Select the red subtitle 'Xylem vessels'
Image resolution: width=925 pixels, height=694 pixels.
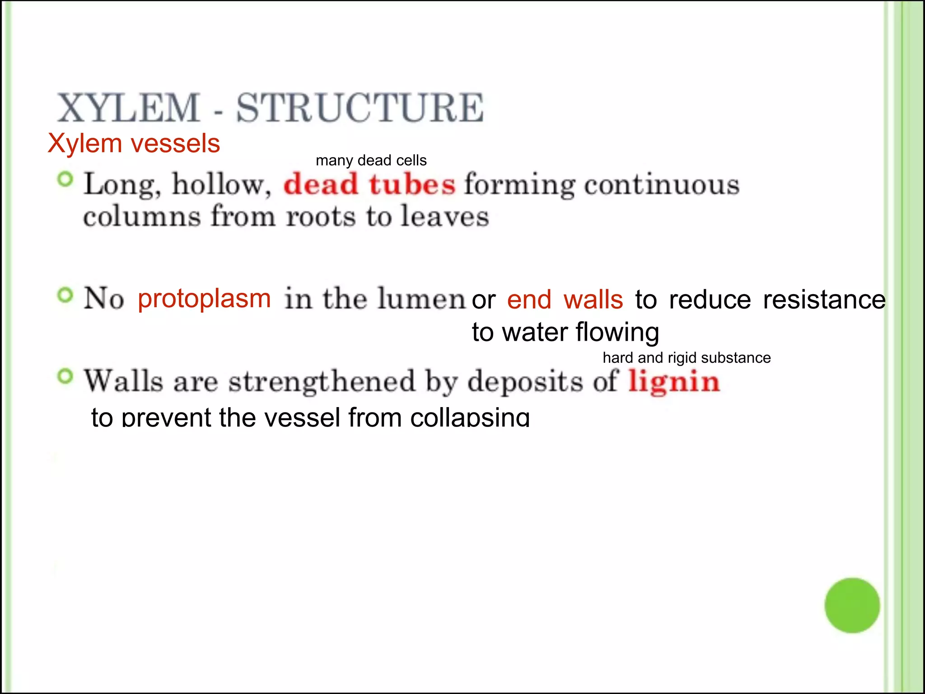pyautogui.click(x=134, y=143)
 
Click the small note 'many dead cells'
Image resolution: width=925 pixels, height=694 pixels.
pyautogui.click(x=371, y=160)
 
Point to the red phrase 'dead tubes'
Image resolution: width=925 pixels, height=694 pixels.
pyautogui.click(x=369, y=184)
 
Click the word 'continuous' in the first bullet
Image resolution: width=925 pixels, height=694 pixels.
pyautogui.click(x=662, y=184)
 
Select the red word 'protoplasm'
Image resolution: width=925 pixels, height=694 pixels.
pyautogui.click(x=204, y=299)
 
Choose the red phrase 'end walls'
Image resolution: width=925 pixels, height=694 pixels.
pyautogui.click(x=565, y=300)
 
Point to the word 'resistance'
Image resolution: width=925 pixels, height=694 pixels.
pyautogui.click(x=824, y=300)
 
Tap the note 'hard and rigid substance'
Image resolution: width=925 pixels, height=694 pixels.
pyautogui.click(x=687, y=358)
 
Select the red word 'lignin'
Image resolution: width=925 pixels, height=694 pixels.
pyautogui.click(x=674, y=382)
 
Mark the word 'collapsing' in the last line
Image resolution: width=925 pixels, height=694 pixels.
pyautogui.click(x=470, y=417)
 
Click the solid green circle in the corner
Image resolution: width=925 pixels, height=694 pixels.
pyautogui.click(x=852, y=605)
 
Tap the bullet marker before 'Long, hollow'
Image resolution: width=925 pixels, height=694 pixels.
pyautogui.click(x=65, y=180)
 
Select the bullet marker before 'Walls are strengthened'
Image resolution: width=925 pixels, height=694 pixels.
pyautogui.click(x=65, y=376)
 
